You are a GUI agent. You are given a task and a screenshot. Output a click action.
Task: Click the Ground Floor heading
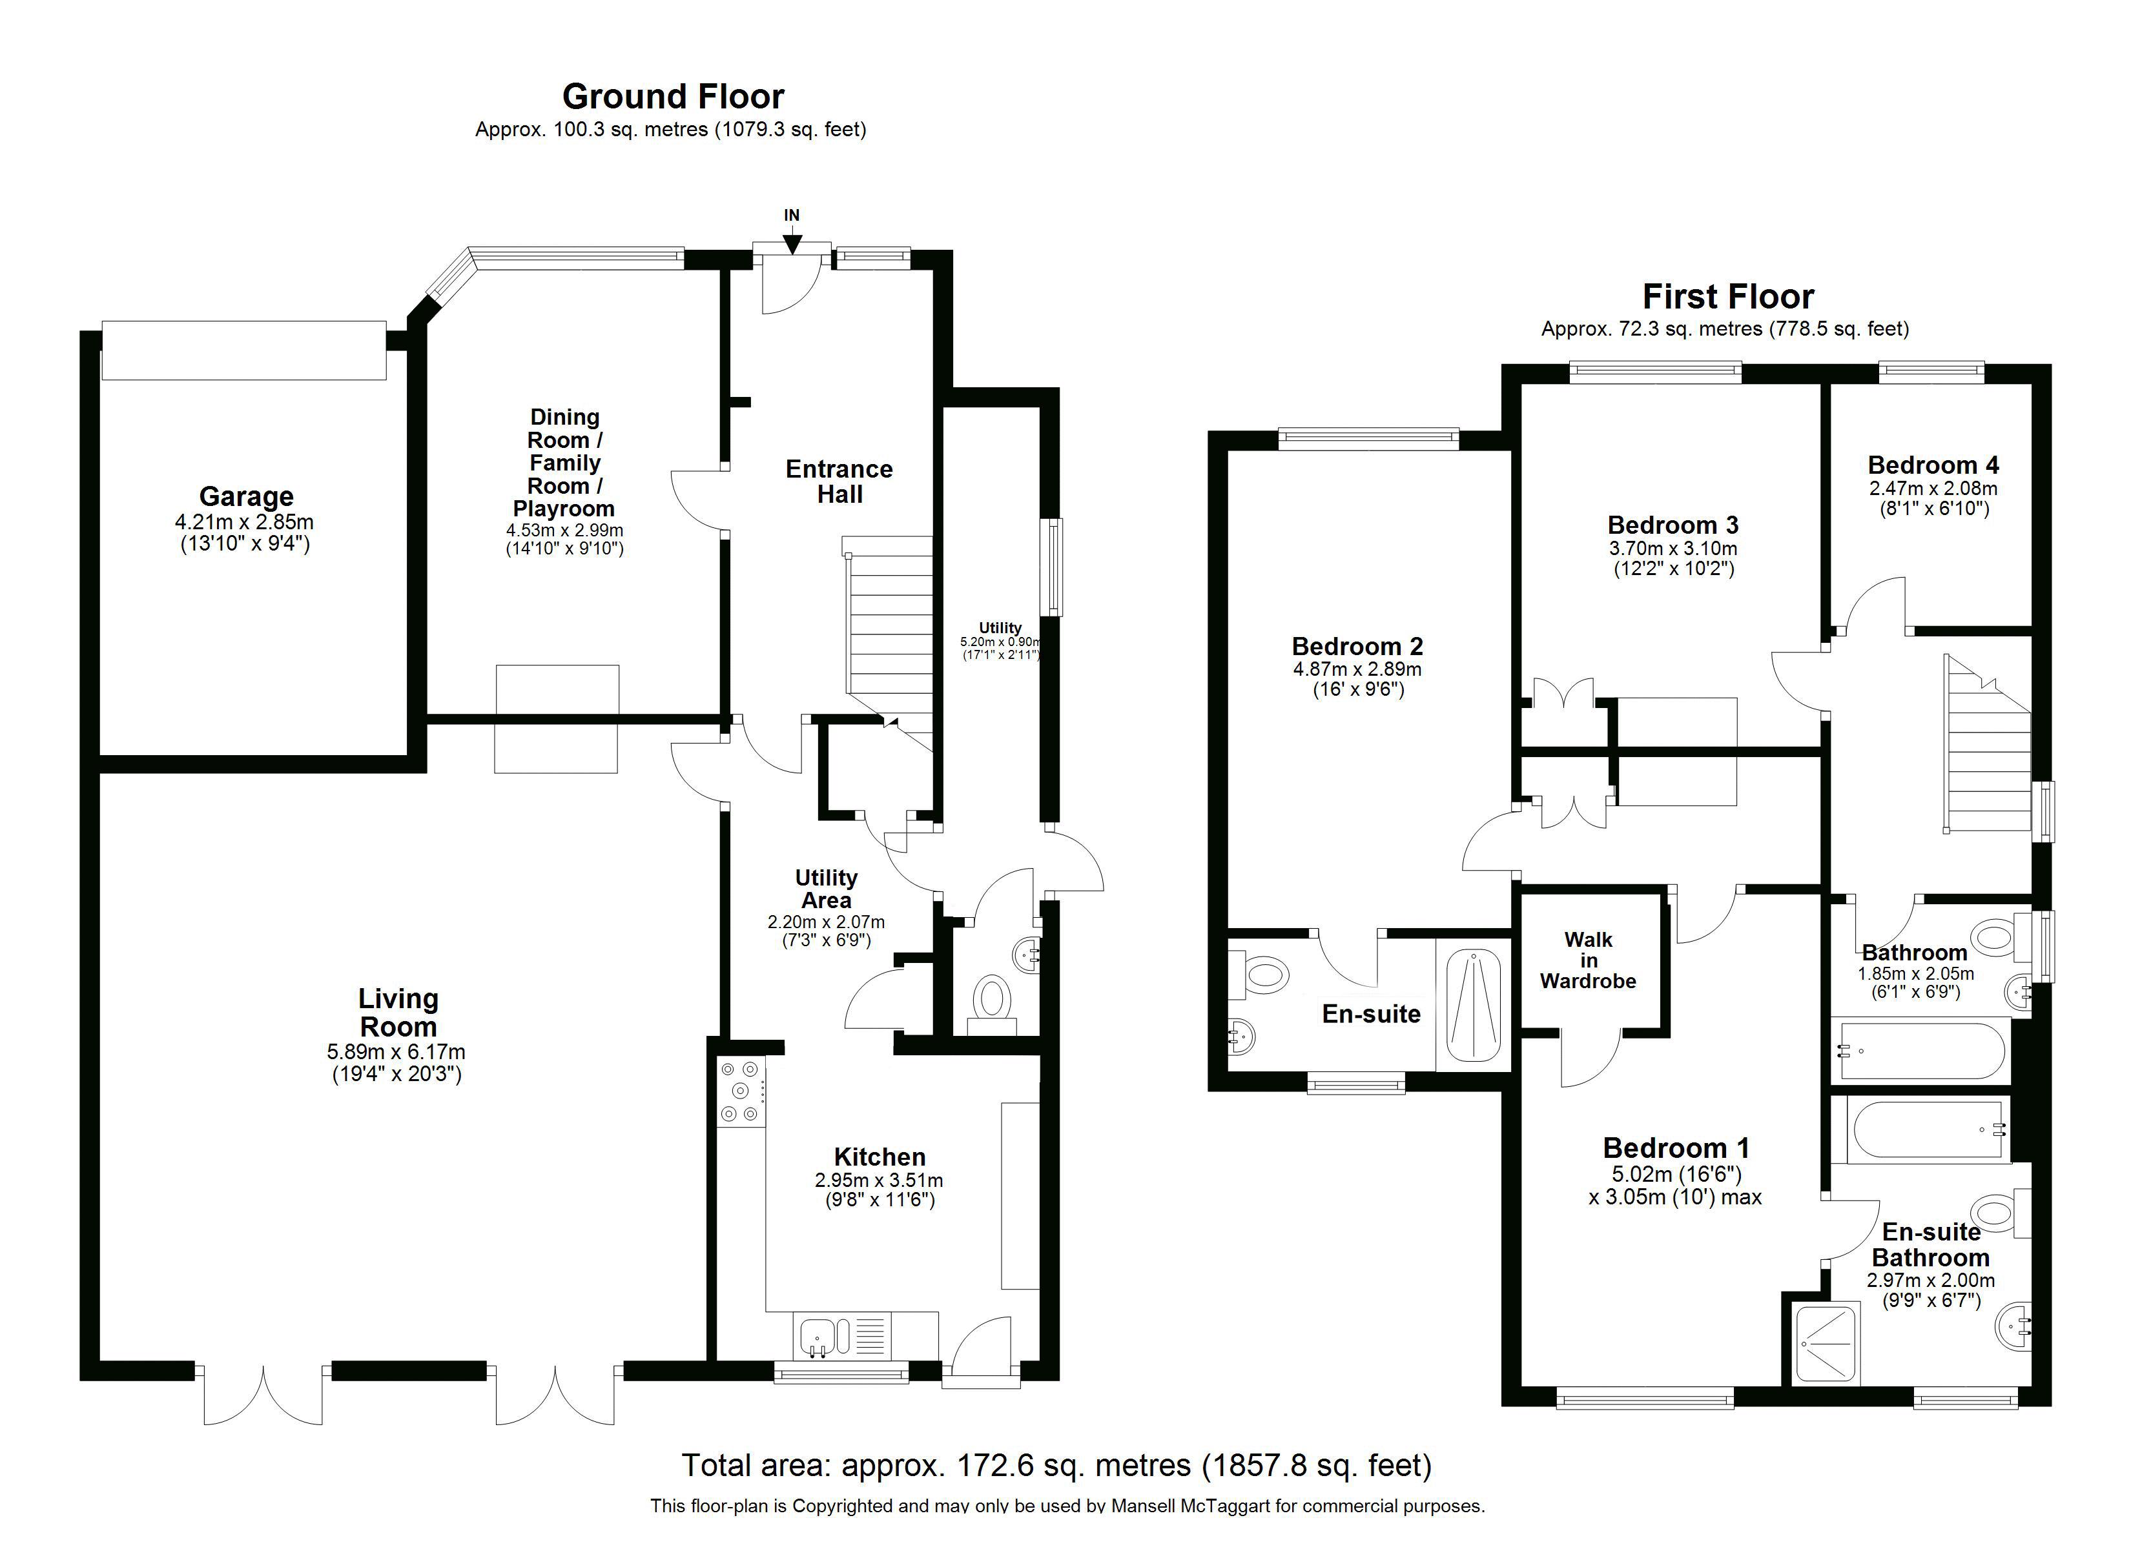tap(673, 97)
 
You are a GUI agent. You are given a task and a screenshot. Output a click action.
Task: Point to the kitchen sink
tap(818, 1336)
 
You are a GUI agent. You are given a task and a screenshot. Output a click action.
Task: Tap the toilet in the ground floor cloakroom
tap(991, 1000)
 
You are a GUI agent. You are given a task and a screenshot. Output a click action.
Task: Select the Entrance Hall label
tap(839, 481)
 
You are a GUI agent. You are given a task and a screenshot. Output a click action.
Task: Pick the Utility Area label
tap(826, 889)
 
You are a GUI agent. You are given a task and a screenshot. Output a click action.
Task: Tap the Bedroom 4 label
tap(1933, 465)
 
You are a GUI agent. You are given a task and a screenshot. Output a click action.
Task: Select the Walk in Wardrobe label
tap(1588, 960)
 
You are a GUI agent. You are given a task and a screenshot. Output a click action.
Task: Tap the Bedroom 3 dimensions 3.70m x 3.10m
tap(1673, 549)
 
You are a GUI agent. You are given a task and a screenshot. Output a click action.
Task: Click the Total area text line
tap(1056, 1464)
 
